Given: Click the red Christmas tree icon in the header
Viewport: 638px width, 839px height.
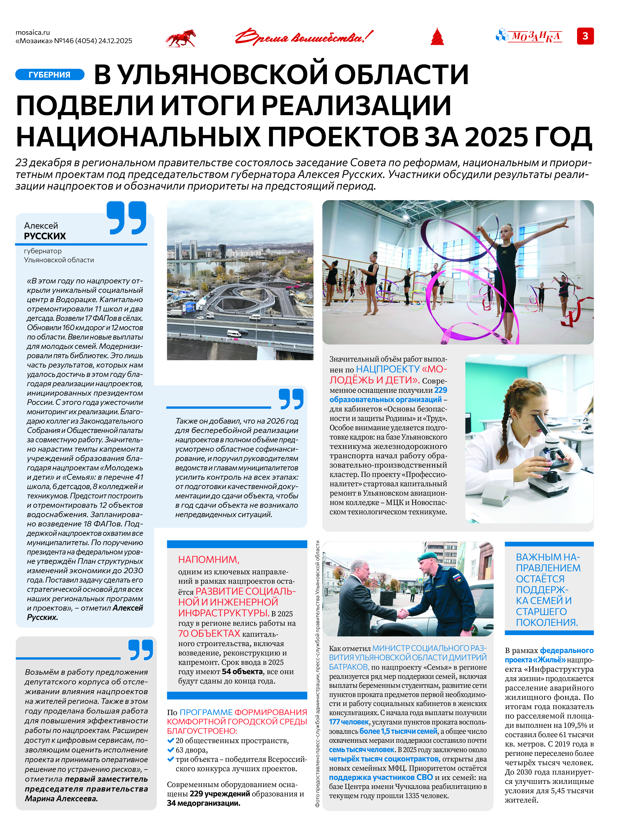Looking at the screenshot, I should point(437,37).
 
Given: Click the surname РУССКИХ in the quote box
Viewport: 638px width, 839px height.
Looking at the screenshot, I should point(45,236).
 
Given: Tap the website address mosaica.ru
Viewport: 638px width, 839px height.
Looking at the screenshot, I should point(33,32).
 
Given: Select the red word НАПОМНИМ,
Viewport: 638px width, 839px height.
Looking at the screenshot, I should point(208,560).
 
